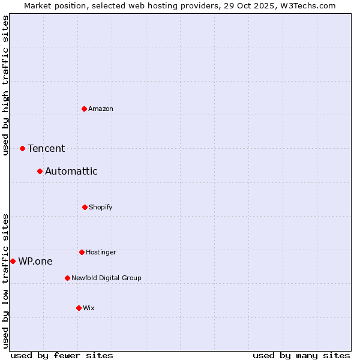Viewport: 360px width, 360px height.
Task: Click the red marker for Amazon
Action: point(85,109)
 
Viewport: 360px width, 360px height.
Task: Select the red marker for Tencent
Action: point(23,148)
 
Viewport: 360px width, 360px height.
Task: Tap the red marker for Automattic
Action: point(40,172)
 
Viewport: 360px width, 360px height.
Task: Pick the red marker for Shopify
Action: point(85,207)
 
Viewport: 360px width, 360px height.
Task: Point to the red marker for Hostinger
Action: point(82,252)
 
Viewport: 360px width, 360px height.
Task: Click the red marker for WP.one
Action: point(13,261)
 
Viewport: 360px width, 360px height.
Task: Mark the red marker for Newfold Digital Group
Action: point(67,278)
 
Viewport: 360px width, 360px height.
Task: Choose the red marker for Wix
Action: point(79,308)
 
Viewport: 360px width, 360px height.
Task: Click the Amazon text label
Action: point(101,109)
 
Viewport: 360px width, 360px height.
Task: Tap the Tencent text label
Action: point(46,148)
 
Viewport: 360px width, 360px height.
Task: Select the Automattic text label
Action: point(71,172)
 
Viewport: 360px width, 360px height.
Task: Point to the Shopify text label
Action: point(101,207)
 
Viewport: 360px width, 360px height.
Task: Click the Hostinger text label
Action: point(101,252)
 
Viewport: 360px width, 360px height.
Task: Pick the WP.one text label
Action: point(35,261)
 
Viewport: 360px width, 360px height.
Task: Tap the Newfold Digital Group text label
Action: point(106,278)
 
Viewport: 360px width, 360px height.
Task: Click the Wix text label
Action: point(89,308)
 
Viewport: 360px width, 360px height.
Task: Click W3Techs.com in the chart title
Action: point(307,5)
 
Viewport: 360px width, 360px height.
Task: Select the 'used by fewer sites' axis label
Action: point(62,355)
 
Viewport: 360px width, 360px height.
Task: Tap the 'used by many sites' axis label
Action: point(301,355)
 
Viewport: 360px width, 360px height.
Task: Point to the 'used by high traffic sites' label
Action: point(5,85)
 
